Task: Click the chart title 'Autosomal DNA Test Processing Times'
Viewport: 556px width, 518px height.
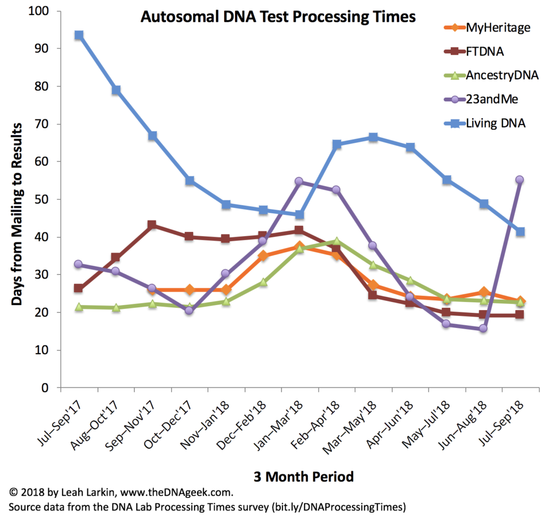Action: pos(278,17)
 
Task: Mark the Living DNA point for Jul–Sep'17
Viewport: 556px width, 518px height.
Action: pos(79,35)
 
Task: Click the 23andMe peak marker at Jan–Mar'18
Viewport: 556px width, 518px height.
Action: pos(299,181)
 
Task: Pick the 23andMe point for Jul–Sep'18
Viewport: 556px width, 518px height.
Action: pos(520,180)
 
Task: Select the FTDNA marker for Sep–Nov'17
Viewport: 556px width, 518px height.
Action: pos(153,225)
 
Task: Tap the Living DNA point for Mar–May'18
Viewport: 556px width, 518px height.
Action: pos(372,137)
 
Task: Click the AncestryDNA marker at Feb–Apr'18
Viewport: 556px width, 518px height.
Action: pos(336,241)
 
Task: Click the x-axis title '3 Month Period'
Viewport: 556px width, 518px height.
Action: pos(304,477)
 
